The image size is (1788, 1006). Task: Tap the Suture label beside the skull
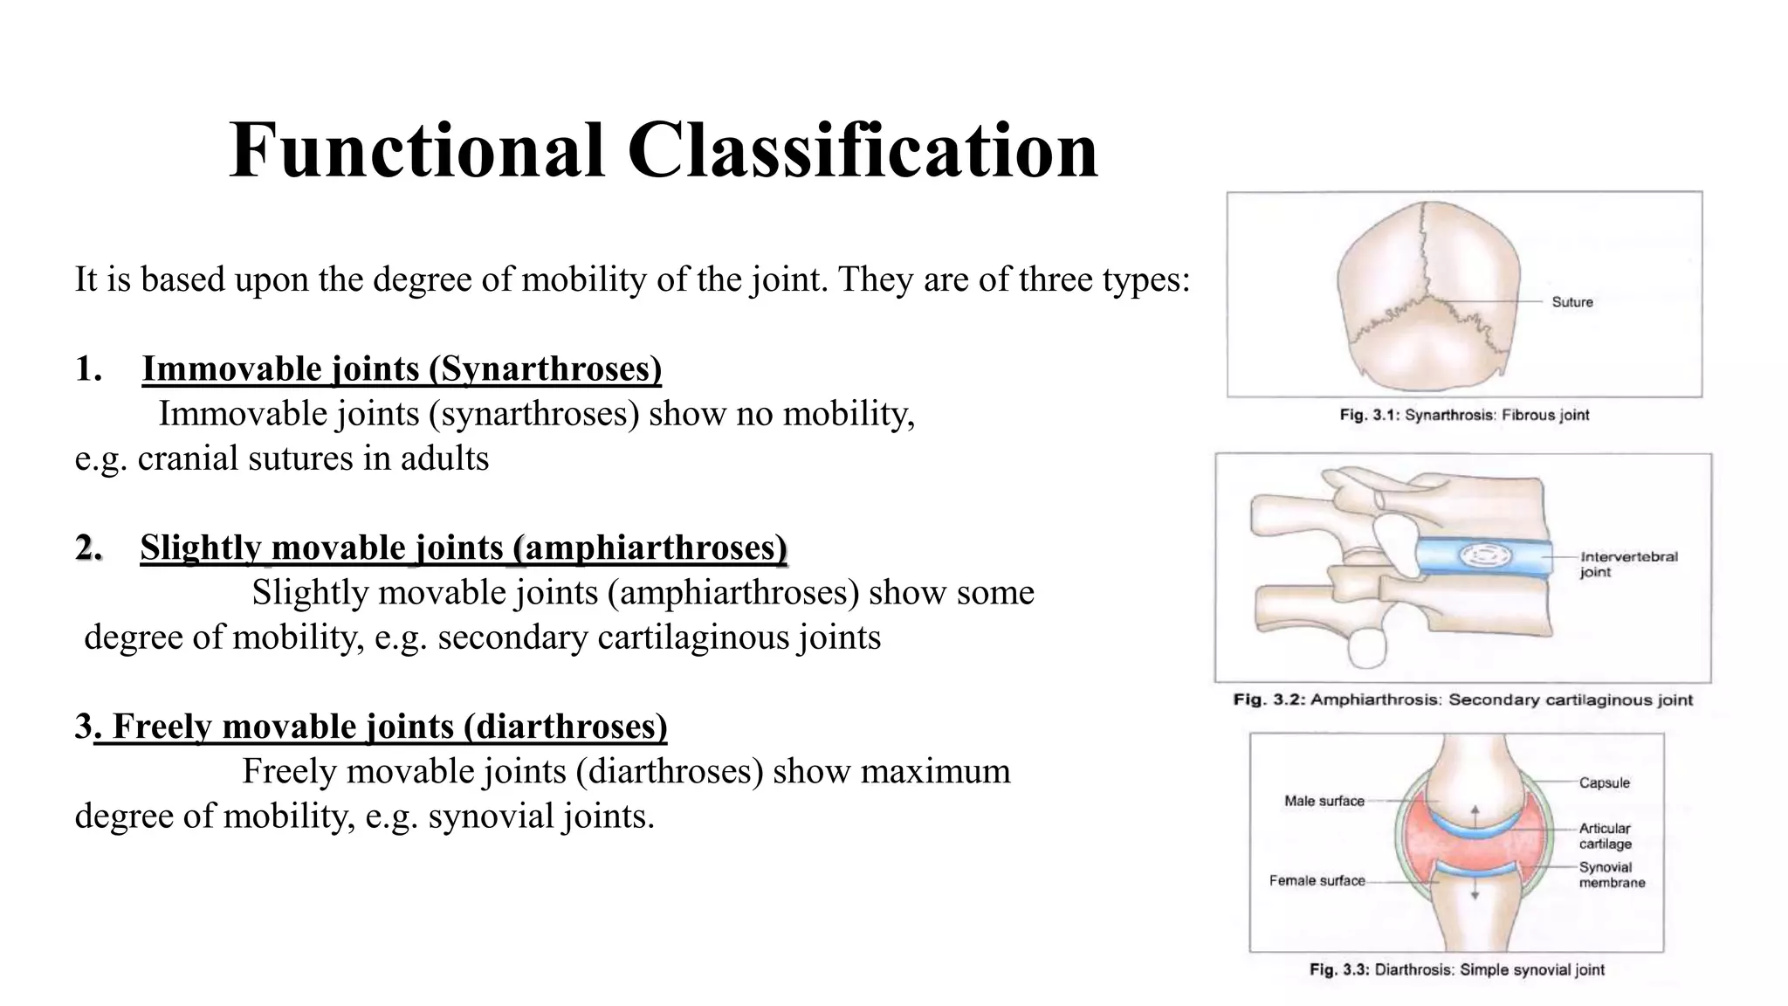coord(1571,302)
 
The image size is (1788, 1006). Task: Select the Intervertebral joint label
coord(1628,564)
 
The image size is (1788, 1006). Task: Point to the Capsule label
coord(1604,782)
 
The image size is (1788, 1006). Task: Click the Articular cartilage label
coord(1605,836)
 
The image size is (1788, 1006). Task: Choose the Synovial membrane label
coord(1611,875)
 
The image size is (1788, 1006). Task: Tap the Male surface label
coord(1324,801)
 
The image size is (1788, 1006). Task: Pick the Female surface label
coord(1317,880)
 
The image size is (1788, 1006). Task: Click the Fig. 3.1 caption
coord(1464,415)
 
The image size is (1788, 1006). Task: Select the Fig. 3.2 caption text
coord(1462,699)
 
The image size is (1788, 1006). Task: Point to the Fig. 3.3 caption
coord(1456,969)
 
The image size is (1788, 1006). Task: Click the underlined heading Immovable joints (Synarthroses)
coord(402,369)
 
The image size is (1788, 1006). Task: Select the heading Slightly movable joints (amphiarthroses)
coord(464,548)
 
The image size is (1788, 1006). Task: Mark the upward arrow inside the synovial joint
coord(1475,815)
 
